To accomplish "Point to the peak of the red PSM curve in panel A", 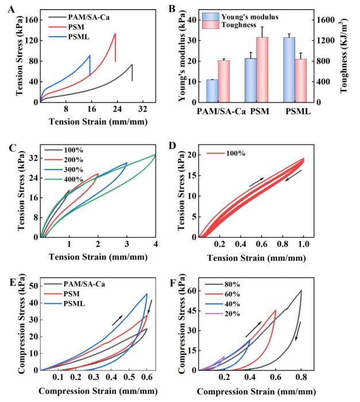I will [x=115, y=33].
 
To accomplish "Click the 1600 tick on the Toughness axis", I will [x=321, y=20].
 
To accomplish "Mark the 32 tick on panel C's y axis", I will [x=32, y=159].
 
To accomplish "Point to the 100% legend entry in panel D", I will [x=235, y=153].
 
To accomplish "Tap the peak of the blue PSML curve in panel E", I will [x=146, y=294].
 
